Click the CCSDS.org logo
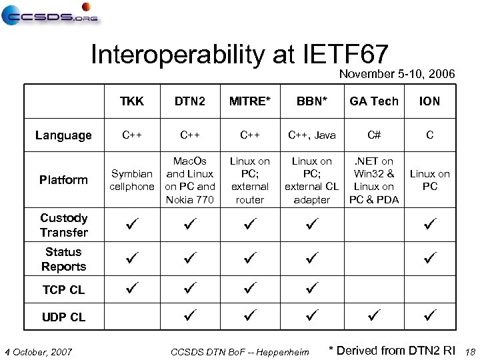49,14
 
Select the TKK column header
131,101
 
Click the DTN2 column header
189,101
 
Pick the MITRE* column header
250,101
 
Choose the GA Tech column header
374,101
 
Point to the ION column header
429,101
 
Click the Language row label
64,135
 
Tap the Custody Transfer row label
64,225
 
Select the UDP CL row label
64,317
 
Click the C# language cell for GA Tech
374,135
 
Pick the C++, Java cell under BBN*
312,135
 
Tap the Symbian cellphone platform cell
131,180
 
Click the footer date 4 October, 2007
38,351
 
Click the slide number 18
469,351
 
